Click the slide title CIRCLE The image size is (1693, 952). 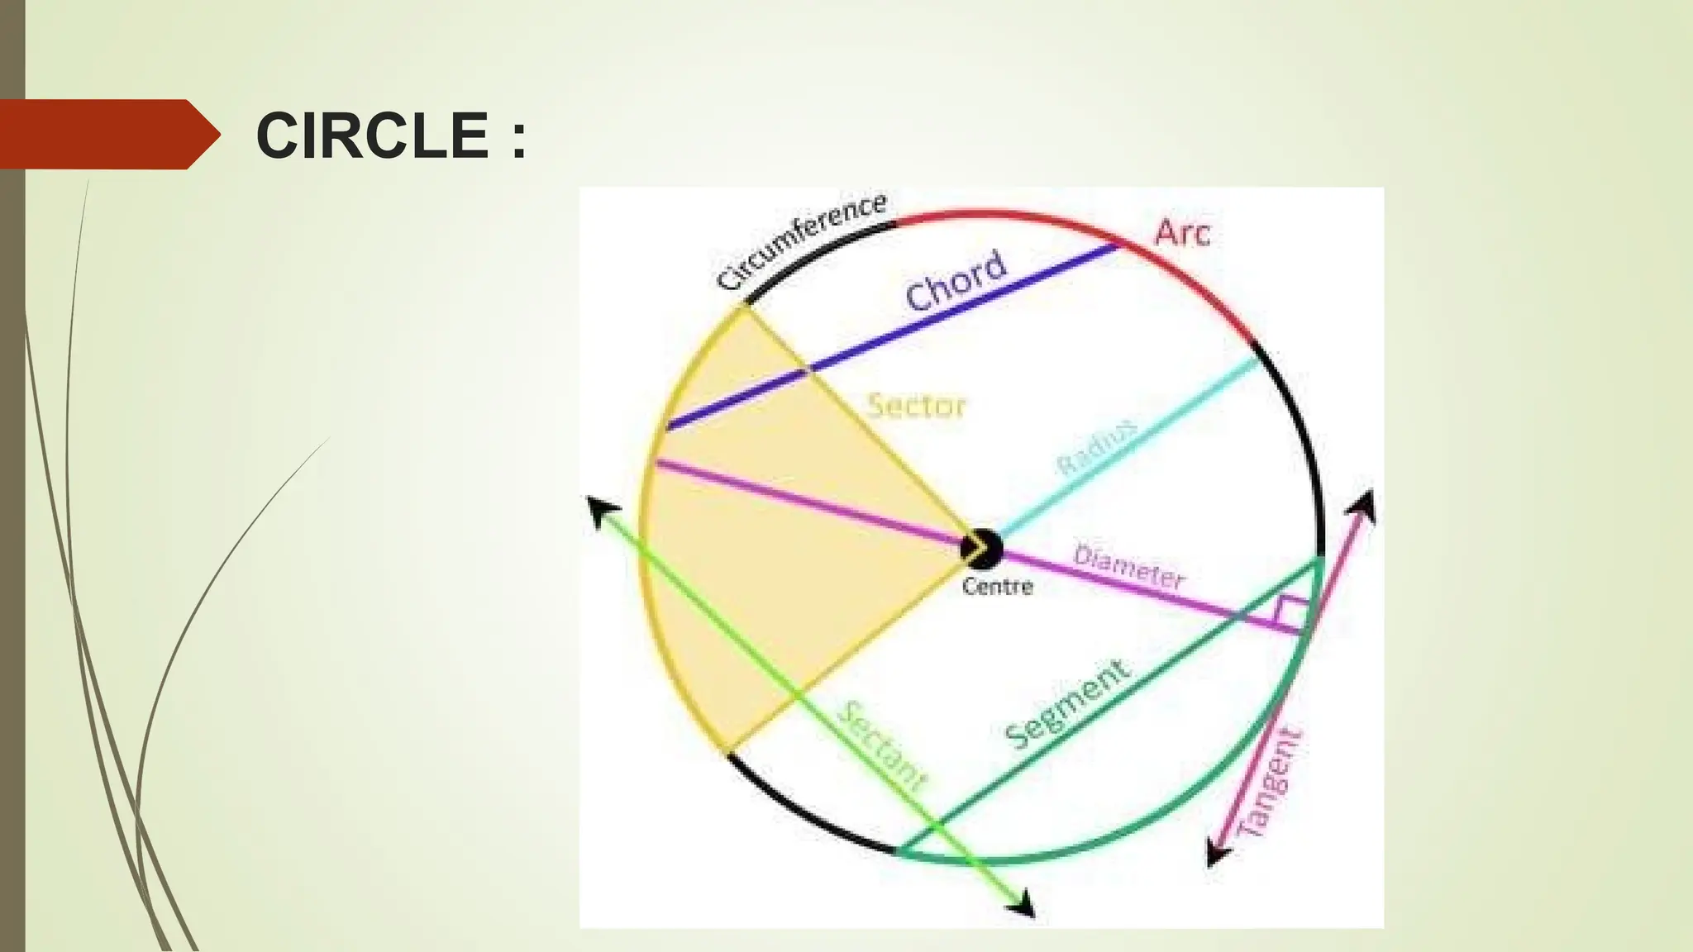[373, 136]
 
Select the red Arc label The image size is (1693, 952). [1182, 233]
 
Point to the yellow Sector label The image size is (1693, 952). [917, 406]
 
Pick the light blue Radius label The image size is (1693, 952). [1097, 447]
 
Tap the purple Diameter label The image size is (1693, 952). [1128, 567]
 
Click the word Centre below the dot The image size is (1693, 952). [998, 587]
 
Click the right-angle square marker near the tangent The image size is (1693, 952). [1292, 612]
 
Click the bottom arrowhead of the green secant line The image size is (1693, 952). [1024, 904]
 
